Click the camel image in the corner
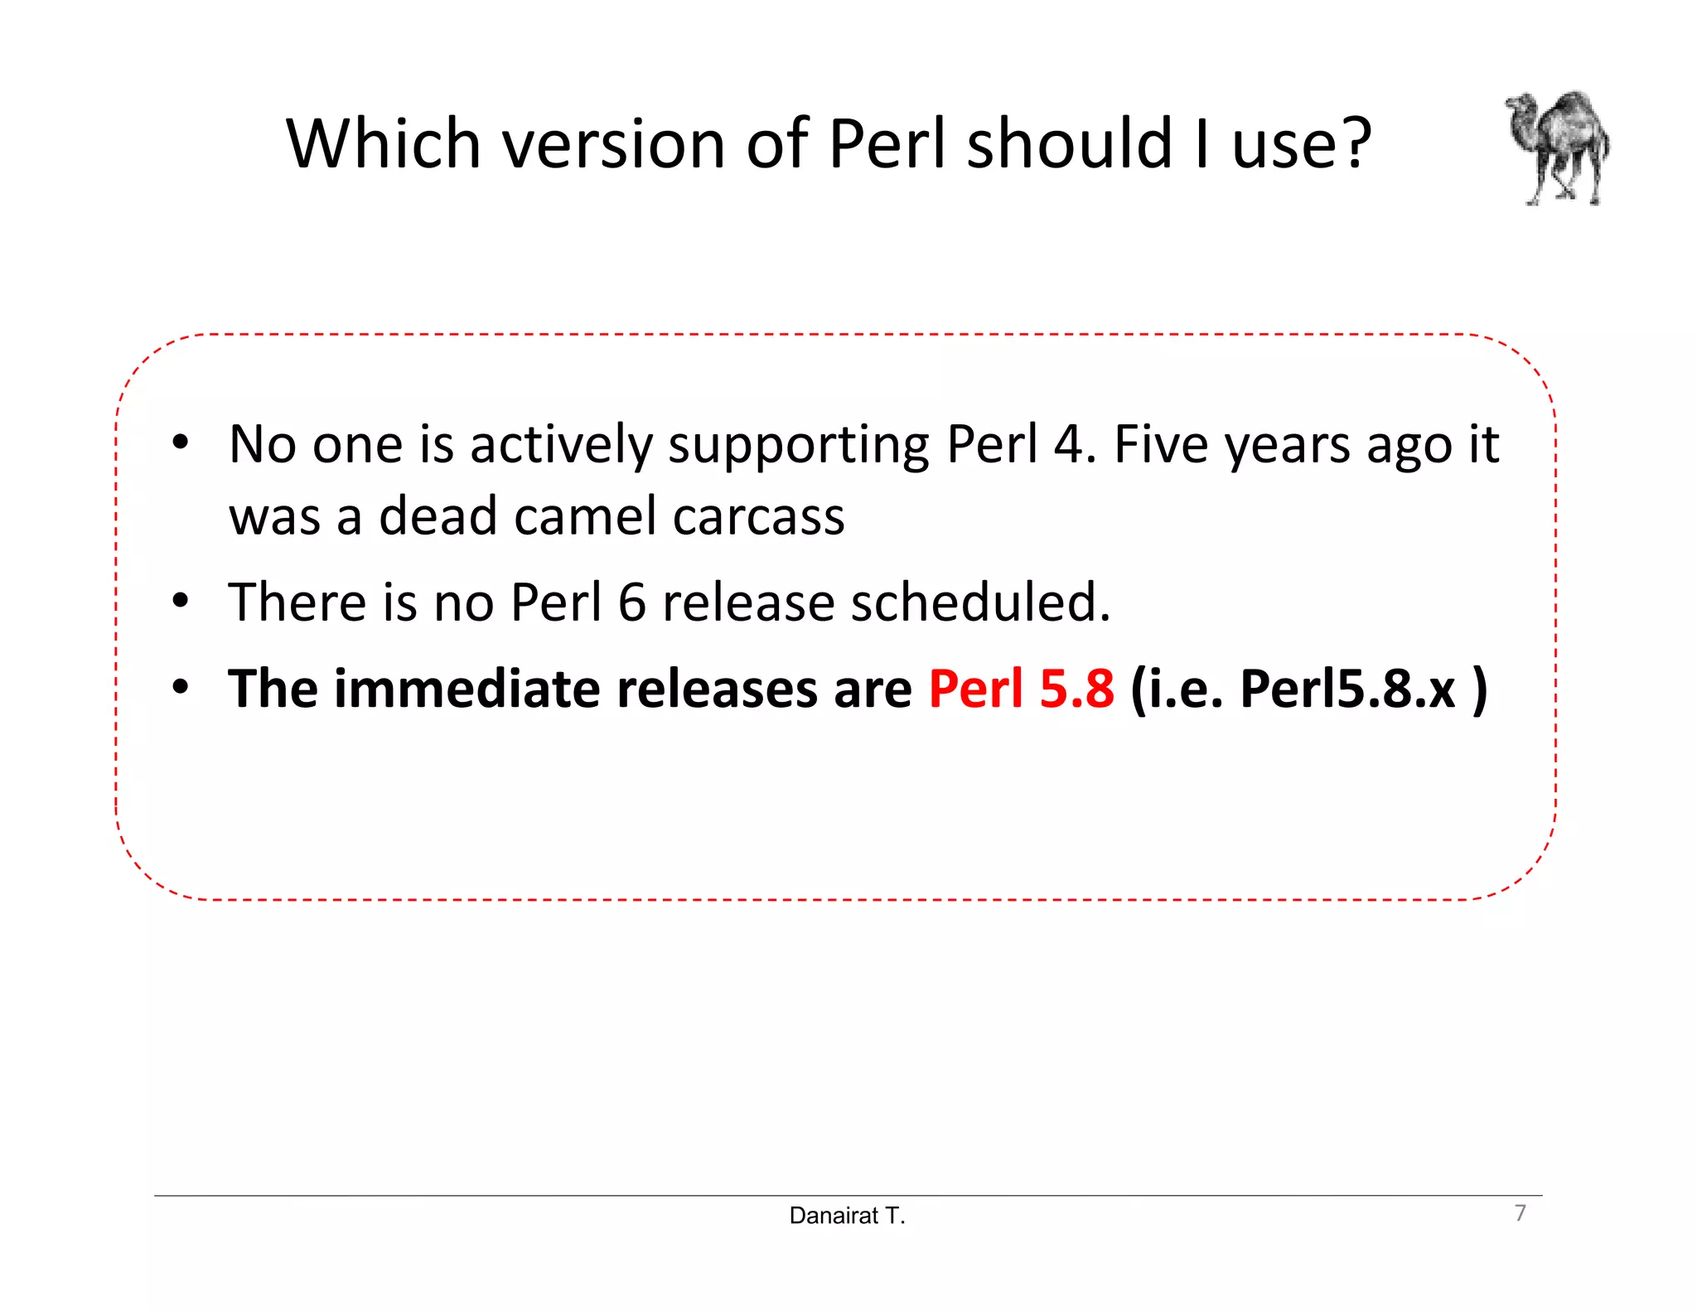(x=1558, y=148)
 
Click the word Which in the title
(x=383, y=144)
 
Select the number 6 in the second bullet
(x=631, y=602)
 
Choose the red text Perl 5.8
(x=1021, y=689)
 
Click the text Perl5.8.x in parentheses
(x=1347, y=689)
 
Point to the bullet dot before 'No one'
(x=181, y=442)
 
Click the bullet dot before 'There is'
(x=181, y=600)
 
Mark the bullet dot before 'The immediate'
(x=181, y=686)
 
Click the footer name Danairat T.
(x=847, y=1216)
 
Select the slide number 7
(x=1520, y=1212)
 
